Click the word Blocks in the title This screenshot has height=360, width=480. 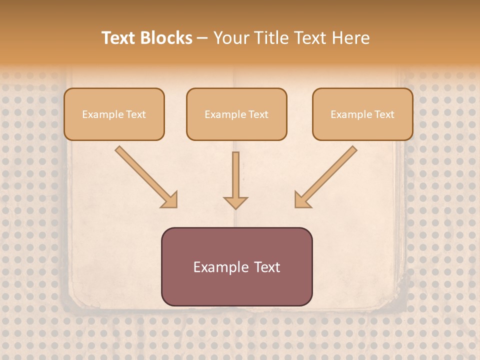(x=165, y=38)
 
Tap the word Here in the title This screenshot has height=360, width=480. (x=351, y=38)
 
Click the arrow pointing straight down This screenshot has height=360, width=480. (x=235, y=180)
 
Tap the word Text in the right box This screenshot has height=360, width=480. (x=384, y=114)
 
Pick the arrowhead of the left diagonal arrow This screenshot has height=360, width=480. (x=169, y=199)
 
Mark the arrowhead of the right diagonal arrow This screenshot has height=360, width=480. (x=302, y=199)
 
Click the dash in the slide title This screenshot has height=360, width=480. (x=202, y=38)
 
